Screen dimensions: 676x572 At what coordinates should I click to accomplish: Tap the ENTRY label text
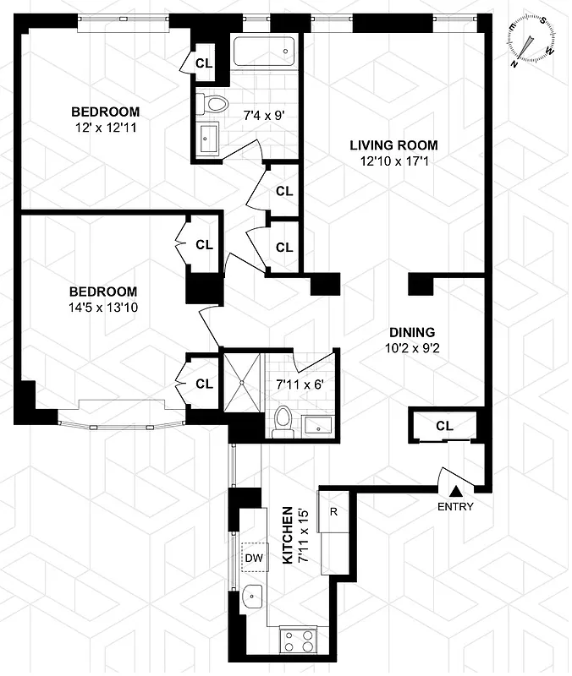455,507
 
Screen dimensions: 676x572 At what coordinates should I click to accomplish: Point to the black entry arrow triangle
456,489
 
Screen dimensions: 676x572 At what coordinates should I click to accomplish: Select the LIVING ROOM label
393,145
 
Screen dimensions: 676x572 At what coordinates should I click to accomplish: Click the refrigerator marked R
333,511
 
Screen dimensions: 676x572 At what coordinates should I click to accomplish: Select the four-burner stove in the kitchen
298,640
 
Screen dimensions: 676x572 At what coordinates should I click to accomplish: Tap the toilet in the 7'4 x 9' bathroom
214,105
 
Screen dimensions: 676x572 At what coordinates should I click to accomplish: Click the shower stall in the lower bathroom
242,381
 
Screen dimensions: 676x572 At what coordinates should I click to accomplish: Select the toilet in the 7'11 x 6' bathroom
283,420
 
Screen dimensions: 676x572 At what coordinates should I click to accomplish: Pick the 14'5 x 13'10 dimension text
104,308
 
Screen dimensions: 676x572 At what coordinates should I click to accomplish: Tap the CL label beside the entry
445,426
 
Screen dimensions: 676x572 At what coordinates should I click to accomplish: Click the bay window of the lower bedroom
118,414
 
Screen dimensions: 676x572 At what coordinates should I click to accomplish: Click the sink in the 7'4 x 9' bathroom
208,139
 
